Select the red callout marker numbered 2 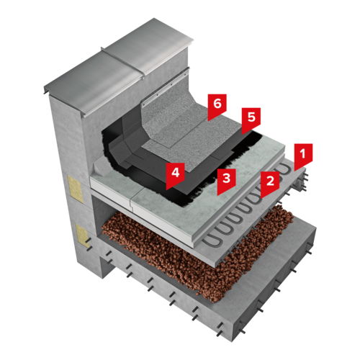pos(270,182)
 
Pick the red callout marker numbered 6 pos(217,105)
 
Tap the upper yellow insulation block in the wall pos(74,189)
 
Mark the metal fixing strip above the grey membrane pos(165,88)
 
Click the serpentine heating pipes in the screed pos(247,207)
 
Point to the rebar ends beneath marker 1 pos(301,181)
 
